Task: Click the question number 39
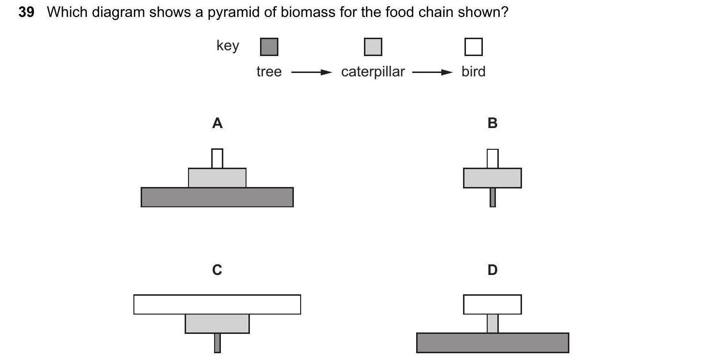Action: click(x=26, y=12)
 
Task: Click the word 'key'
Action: click(x=228, y=46)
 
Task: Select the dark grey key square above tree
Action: click(x=269, y=47)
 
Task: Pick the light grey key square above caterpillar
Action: click(x=373, y=47)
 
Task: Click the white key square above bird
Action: click(x=473, y=47)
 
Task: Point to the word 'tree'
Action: click(x=269, y=72)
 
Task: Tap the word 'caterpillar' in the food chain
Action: click(x=373, y=72)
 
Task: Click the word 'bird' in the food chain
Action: click(x=473, y=72)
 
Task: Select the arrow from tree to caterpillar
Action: click(x=311, y=72)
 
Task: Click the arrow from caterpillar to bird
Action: click(x=433, y=72)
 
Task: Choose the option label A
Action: click(x=217, y=124)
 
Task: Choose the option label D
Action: click(x=492, y=270)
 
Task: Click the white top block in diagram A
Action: click(x=217, y=158)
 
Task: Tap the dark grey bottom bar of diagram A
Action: click(x=217, y=197)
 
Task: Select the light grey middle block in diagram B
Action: click(x=492, y=178)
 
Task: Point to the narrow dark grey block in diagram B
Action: click(x=493, y=197)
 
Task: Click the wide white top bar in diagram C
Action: click(x=217, y=304)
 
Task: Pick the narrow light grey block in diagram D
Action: click(x=492, y=323)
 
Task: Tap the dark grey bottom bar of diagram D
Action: click(x=492, y=343)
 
